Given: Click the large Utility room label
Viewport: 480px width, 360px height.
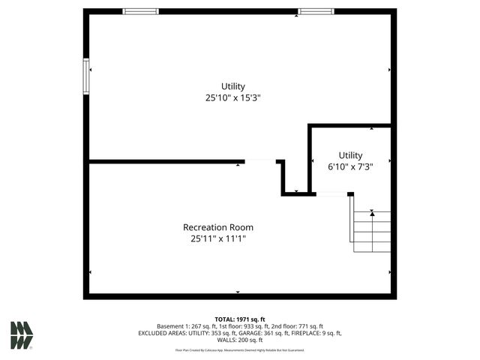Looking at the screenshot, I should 232,86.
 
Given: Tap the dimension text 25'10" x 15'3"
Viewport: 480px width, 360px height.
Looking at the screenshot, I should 232,97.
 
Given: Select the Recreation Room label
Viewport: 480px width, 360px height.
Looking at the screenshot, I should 218,227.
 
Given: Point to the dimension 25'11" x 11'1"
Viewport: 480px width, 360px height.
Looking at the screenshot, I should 218,238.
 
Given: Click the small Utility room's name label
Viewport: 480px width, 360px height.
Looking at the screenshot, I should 350,156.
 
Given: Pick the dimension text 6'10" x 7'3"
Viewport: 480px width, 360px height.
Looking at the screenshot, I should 350,166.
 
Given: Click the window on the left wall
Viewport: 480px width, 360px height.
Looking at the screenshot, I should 86,76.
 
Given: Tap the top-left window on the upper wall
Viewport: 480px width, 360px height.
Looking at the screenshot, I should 141,11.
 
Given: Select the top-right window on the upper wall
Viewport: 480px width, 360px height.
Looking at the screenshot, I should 316,11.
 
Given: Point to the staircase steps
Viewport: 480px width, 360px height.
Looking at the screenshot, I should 372,232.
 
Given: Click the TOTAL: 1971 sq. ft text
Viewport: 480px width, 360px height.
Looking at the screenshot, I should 240,319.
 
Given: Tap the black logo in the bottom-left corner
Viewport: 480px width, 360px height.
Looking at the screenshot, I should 21,335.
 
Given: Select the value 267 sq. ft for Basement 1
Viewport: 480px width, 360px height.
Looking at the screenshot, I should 205,326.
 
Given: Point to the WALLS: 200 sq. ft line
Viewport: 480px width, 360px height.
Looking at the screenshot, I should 240,340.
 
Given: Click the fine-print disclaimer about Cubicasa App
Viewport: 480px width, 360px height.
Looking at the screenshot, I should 240,349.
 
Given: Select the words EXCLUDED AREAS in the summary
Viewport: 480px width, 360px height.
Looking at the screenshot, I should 161,333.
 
